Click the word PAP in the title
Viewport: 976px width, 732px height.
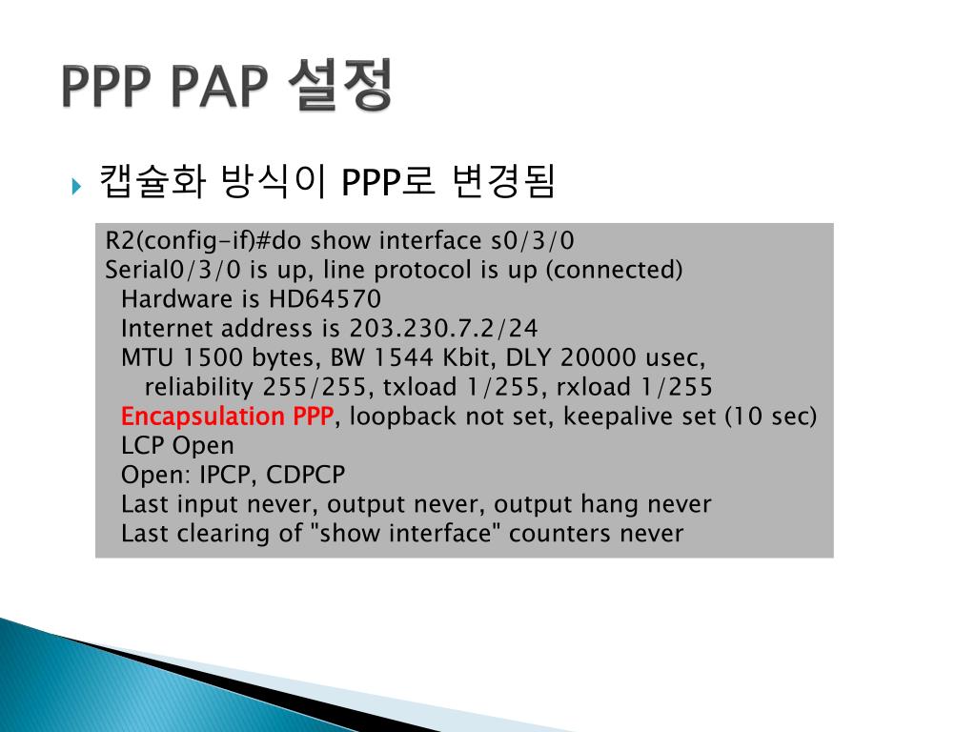coord(216,87)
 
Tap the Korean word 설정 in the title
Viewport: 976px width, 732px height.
coord(338,87)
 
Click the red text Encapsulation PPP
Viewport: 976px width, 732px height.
coord(228,417)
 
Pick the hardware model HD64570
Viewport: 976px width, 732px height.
coord(325,299)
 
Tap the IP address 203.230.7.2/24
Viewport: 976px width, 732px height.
coord(443,329)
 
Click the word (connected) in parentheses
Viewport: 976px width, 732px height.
coord(614,270)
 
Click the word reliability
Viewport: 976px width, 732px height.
coord(198,388)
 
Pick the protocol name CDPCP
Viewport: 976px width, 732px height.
coord(306,475)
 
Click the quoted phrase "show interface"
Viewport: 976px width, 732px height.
coord(405,534)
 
